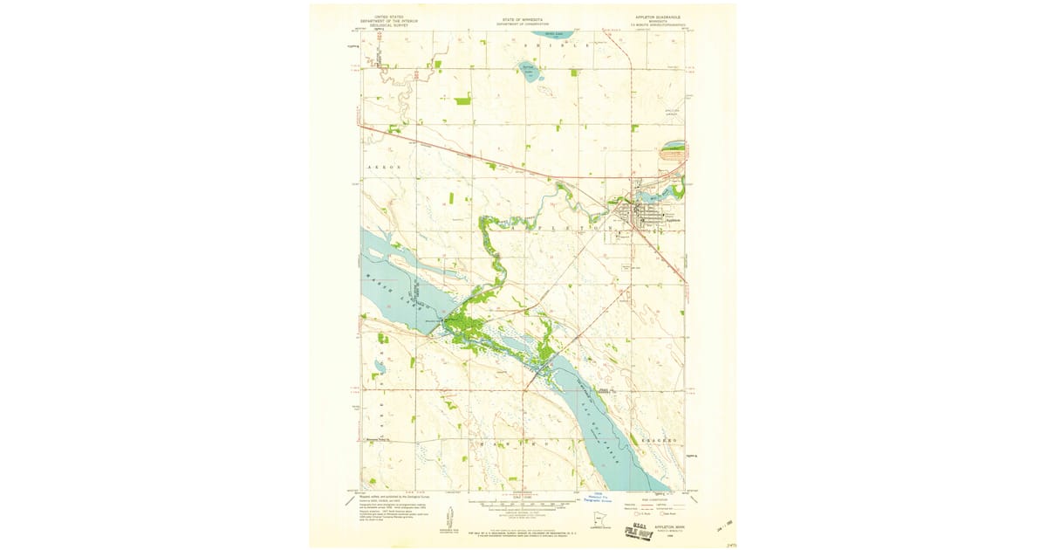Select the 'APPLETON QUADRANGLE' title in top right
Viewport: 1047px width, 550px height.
point(654,16)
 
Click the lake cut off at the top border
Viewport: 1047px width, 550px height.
point(551,37)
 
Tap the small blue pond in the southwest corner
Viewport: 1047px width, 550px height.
point(380,367)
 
